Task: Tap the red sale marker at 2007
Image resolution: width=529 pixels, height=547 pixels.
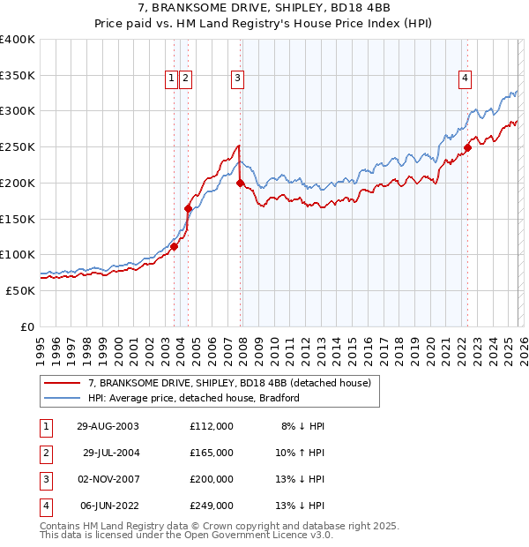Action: (240, 184)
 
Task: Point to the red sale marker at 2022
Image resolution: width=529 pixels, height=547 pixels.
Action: (467, 148)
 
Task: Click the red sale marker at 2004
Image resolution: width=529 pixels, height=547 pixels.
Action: (188, 208)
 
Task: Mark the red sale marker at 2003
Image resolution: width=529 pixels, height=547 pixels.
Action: (174, 246)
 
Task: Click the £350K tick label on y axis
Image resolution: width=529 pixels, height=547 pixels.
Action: (18, 76)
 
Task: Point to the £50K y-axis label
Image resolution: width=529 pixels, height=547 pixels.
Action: (21, 290)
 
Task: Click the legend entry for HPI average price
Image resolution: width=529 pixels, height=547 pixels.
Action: (194, 398)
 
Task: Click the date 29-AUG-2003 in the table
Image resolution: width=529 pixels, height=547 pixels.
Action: (108, 426)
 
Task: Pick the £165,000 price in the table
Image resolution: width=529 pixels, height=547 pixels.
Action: (211, 453)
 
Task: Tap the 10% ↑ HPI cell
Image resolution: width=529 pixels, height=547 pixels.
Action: (302, 453)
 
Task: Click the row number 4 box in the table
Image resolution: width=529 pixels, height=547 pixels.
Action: (44, 506)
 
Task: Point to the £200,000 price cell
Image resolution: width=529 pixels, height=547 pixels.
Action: (211, 479)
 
